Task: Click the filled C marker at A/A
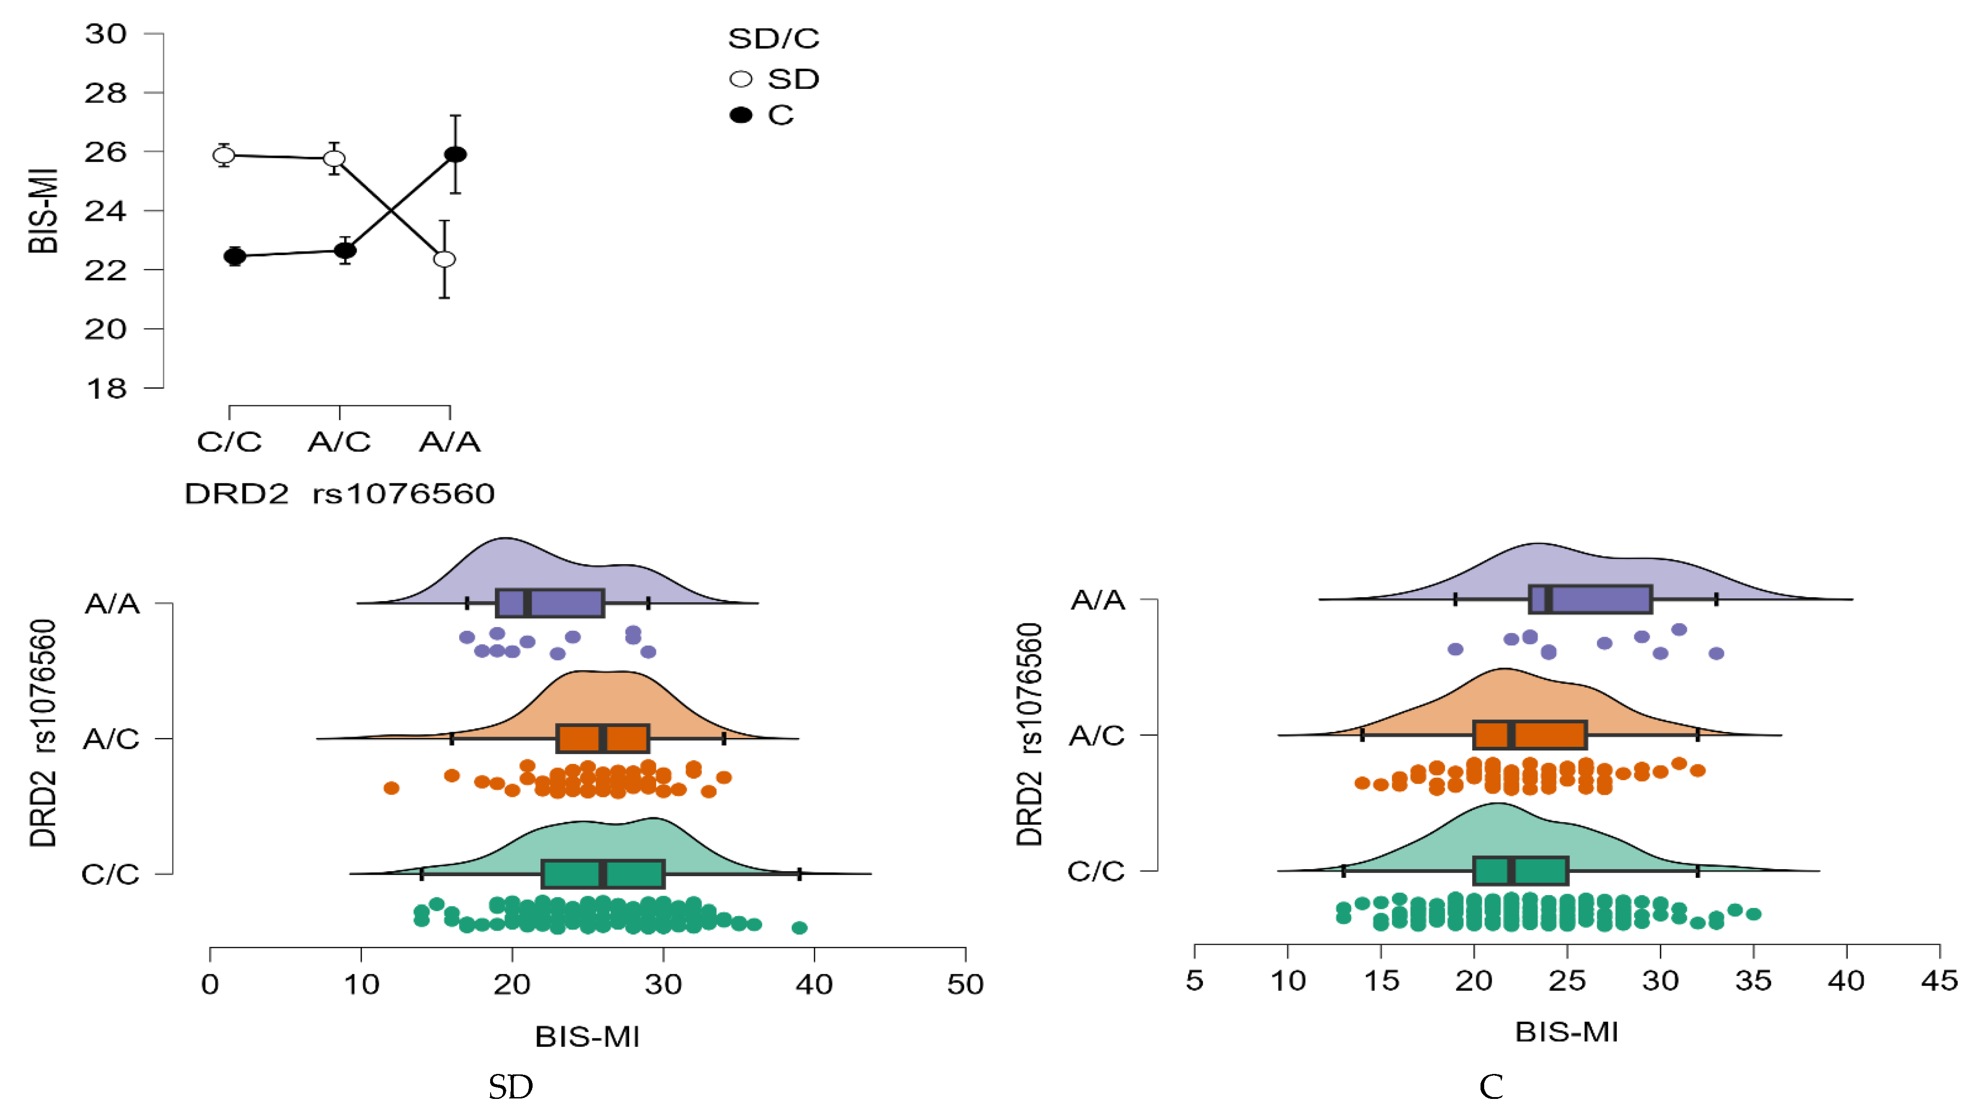pos(455,154)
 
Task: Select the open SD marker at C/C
pos(224,155)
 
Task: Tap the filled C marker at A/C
pos(346,250)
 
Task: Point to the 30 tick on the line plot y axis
pos(106,34)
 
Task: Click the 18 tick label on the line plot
pos(106,389)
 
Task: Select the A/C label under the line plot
pos(340,442)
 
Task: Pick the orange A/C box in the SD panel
pos(603,738)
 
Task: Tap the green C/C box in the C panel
pos(1520,870)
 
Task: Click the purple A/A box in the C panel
pos(1590,599)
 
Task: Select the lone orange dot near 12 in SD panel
pos(392,788)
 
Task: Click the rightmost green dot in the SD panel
pos(799,928)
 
